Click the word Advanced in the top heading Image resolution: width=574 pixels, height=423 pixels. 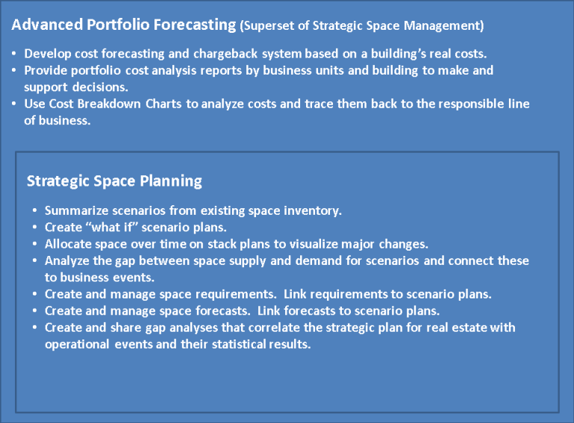click(x=44, y=25)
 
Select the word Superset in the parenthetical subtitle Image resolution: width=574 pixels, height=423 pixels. click(x=269, y=26)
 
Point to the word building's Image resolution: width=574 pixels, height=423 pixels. click(x=362, y=54)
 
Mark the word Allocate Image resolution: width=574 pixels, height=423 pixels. click(x=68, y=244)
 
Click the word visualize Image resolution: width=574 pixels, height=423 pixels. click(x=311, y=244)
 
